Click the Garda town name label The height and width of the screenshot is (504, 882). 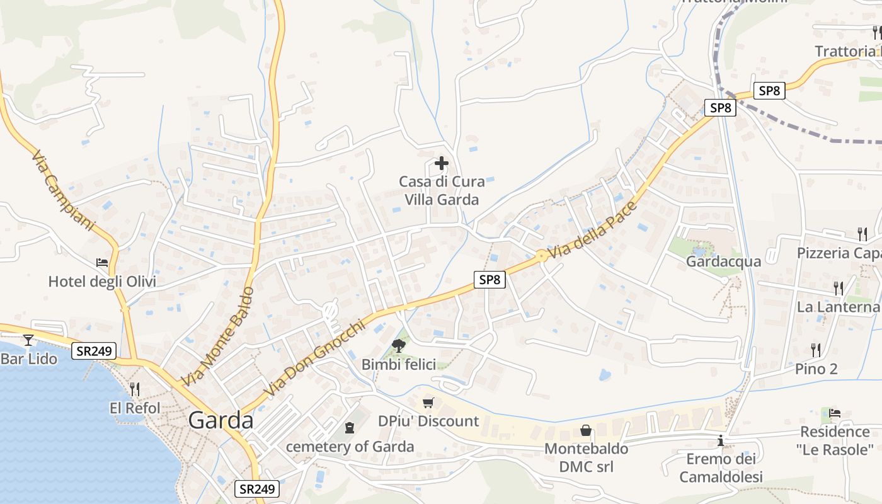[221, 420]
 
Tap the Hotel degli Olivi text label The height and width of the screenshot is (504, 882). [102, 281]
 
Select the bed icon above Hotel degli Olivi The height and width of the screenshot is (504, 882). [102, 263]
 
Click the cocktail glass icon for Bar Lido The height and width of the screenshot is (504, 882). [28, 340]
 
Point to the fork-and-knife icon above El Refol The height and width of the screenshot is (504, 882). [135, 389]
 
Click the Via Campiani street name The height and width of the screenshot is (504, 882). [62, 190]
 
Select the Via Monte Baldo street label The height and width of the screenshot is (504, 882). [217, 337]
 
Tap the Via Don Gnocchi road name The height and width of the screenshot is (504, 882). [315, 359]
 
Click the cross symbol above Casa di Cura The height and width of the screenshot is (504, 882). [442, 164]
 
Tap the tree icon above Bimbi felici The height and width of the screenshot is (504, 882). [398, 345]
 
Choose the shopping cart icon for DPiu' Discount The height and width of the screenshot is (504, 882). [428, 403]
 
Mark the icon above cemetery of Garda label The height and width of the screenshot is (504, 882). [350, 428]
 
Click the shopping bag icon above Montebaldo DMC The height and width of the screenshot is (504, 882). [586, 430]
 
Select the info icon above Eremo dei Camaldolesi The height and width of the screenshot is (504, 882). [721, 441]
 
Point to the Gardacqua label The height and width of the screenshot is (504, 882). [723, 261]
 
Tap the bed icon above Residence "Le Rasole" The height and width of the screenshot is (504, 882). [835, 413]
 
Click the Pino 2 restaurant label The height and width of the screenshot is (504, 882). [816, 369]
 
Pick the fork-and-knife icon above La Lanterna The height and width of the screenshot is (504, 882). [839, 289]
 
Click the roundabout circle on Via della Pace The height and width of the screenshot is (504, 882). [541, 256]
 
